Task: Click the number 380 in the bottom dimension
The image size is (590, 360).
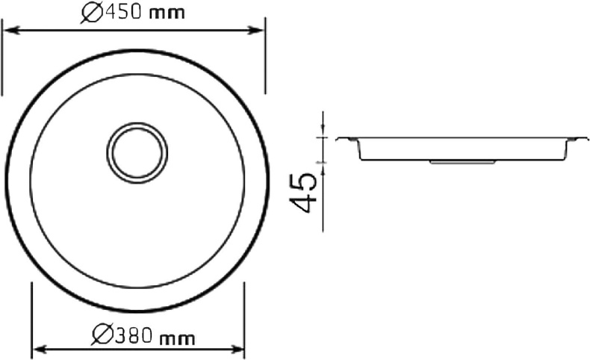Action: tap(135, 337)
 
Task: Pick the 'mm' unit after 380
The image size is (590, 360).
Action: tap(176, 338)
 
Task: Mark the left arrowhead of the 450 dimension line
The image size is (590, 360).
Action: tap(9, 31)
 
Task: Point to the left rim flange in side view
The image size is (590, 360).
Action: tap(345, 139)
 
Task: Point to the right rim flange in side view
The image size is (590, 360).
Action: tap(574, 139)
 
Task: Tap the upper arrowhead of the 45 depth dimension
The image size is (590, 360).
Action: tap(323, 134)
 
